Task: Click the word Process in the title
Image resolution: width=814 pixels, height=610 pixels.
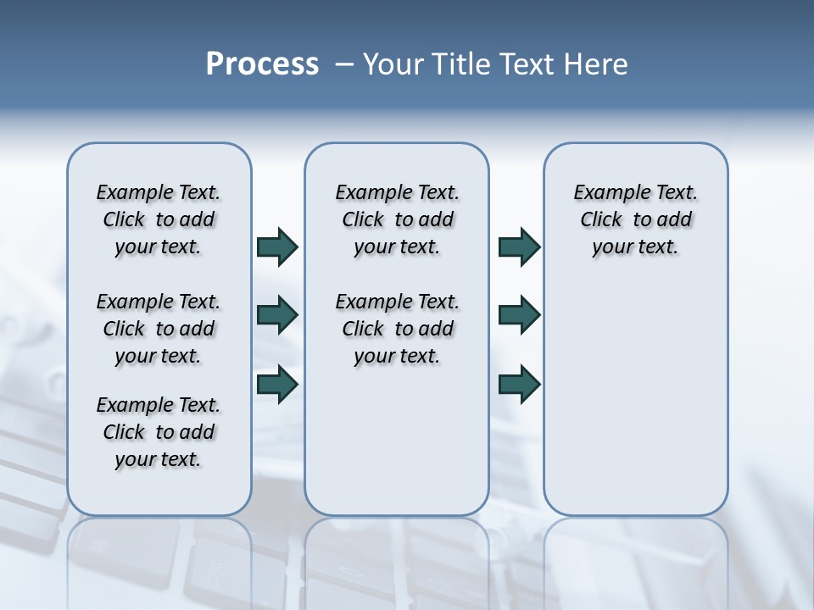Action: (x=262, y=64)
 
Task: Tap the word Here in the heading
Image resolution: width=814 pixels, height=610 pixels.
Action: (x=594, y=64)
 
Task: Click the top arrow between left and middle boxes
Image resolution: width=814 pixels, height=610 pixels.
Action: (x=277, y=247)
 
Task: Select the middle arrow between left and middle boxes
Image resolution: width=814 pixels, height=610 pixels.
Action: (x=277, y=315)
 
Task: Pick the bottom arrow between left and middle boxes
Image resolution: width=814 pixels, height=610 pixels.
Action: (x=277, y=384)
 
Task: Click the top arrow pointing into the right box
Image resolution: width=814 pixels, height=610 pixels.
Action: (x=519, y=247)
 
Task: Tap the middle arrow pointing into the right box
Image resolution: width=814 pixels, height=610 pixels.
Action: (x=519, y=315)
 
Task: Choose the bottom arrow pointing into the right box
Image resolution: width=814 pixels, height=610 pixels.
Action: (x=519, y=384)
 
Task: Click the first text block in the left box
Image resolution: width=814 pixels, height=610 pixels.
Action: (x=159, y=219)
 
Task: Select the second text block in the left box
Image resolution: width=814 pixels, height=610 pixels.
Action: (x=159, y=329)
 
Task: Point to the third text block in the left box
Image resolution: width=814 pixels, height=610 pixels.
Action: (x=159, y=432)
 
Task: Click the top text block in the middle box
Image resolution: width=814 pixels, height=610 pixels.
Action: (x=397, y=219)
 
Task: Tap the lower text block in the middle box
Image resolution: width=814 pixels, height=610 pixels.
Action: (x=397, y=329)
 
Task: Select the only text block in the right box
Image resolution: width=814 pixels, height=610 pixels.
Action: (x=635, y=219)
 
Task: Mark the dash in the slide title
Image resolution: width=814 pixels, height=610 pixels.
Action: (x=344, y=64)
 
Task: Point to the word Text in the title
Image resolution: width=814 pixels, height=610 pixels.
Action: (x=527, y=64)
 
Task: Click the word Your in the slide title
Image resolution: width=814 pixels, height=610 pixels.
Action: (x=394, y=64)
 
